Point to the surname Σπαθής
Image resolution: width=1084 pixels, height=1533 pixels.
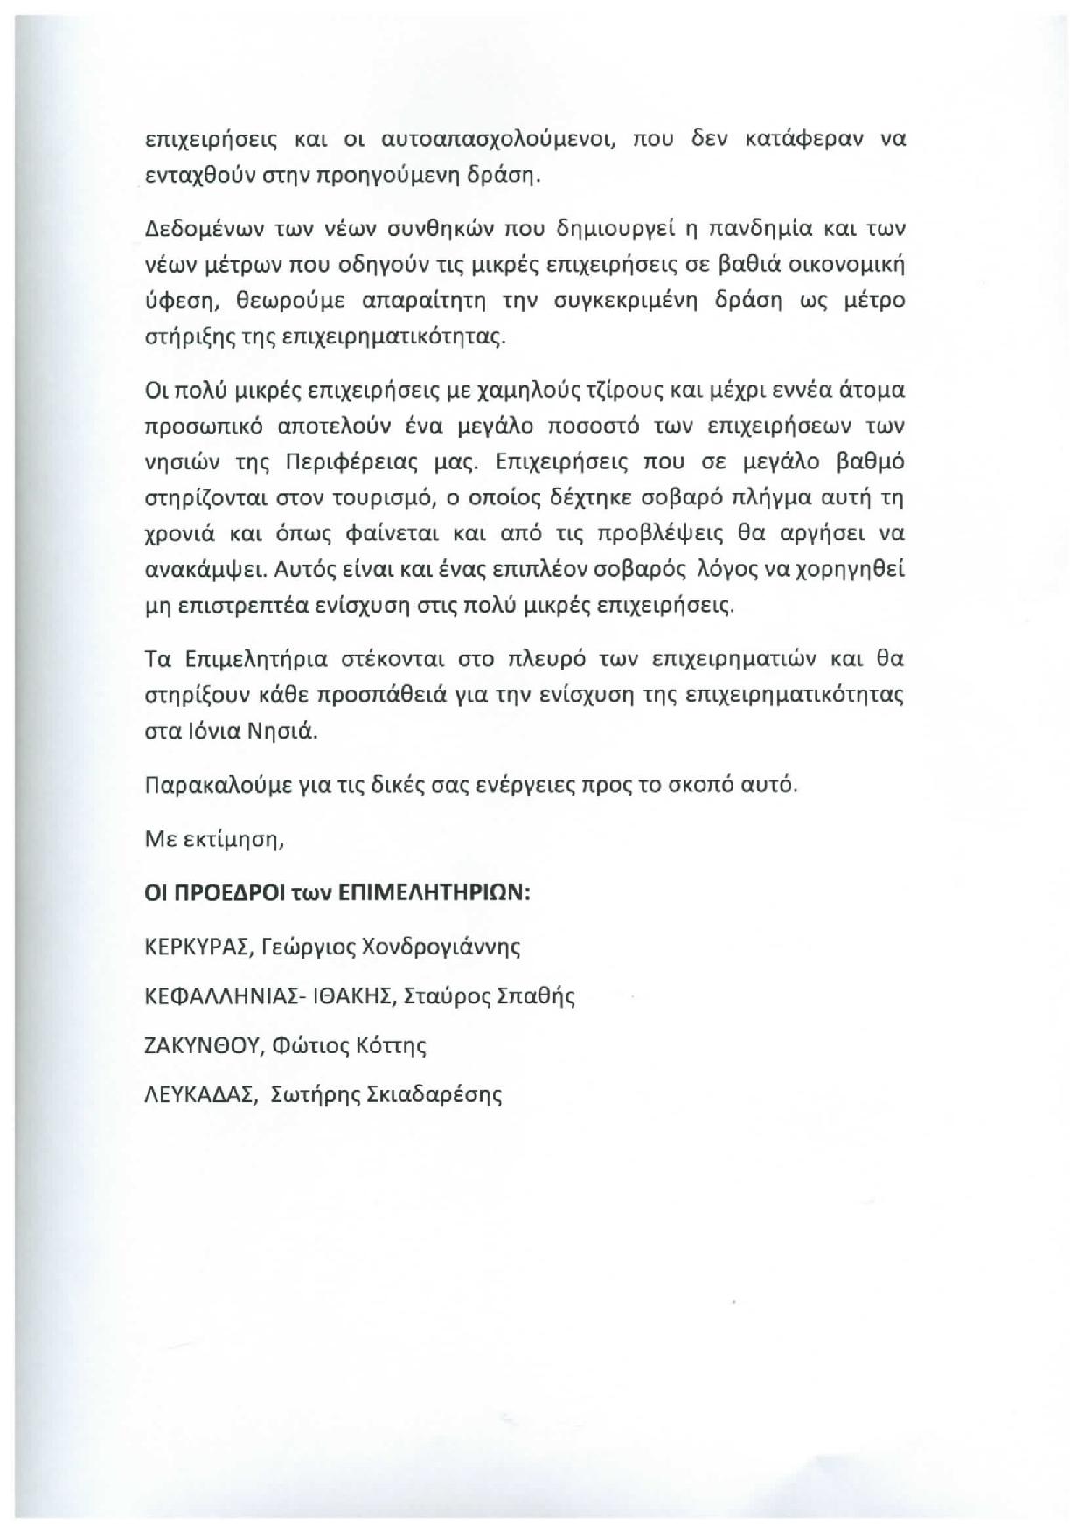click(536, 996)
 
